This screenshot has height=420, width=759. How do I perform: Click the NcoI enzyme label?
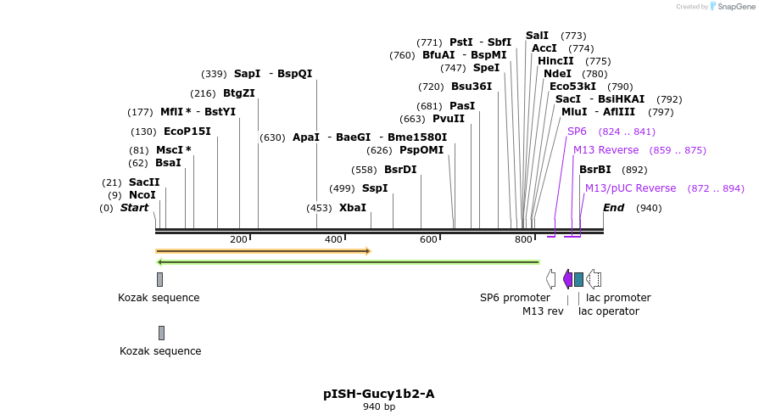142,195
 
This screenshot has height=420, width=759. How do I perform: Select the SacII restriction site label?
144,182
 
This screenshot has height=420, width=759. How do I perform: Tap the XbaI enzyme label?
353,208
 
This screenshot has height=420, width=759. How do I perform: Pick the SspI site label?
375,188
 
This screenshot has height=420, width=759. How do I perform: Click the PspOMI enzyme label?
421,150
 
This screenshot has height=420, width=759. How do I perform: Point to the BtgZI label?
239,93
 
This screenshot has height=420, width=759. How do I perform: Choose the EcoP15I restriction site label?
187,132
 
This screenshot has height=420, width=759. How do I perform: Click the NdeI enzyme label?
558,74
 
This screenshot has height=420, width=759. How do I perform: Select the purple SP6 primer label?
577,132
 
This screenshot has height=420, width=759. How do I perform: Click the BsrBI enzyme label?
595,170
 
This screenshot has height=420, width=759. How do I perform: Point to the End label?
613,208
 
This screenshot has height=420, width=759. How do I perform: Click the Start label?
134,208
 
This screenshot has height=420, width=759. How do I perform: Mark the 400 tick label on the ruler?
333,239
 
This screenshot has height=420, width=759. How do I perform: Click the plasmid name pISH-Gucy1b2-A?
379,394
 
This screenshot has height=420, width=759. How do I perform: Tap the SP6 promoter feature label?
515,298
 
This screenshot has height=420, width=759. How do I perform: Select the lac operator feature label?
609,311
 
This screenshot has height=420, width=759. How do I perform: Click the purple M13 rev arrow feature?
567,279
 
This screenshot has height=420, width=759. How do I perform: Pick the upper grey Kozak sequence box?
159,279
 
